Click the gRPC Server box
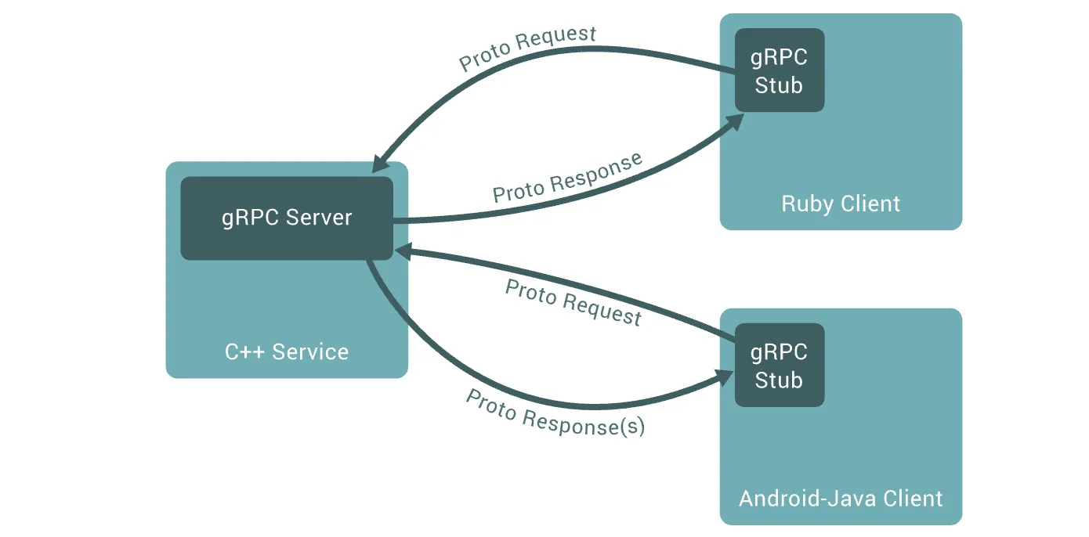pyautogui.click(x=287, y=218)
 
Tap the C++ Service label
pyautogui.click(x=287, y=351)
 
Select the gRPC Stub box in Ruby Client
pyautogui.click(x=780, y=70)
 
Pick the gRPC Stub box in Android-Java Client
pyautogui.click(x=780, y=365)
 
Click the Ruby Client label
pyautogui.click(x=841, y=204)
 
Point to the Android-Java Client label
pyautogui.click(x=841, y=499)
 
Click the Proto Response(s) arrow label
pyautogui.click(x=555, y=413)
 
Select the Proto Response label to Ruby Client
pyautogui.click(x=567, y=178)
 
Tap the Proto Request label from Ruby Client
pyautogui.click(x=527, y=48)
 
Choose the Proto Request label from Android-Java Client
pyautogui.click(x=573, y=302)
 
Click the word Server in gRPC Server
pyautogui.click(x=318, y=218)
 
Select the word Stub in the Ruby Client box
pyautogui.click(x=779, y=85)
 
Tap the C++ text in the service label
pyautogui.click(x=244, y=351)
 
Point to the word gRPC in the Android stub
pyautogui.click(x=779, y=352)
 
